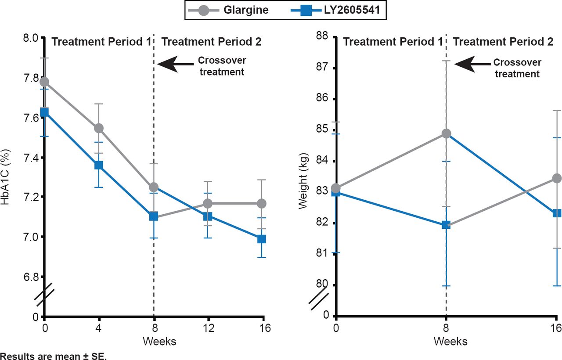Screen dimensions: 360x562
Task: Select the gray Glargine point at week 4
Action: [99, 128]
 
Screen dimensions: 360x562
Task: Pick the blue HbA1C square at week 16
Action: [262, 239]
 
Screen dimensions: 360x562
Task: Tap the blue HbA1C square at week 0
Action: [44, 112]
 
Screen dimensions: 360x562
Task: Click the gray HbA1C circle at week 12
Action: [208, 204]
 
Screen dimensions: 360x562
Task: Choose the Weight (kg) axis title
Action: [303, 180]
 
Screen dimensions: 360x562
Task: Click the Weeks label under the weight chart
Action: [450, 341]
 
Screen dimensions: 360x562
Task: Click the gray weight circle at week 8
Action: [446, 133]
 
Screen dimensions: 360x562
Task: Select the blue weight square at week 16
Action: [557, 213]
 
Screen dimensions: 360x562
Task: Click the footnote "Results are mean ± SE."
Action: [54, 355]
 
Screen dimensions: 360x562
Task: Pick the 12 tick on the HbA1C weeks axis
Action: [208, 328]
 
